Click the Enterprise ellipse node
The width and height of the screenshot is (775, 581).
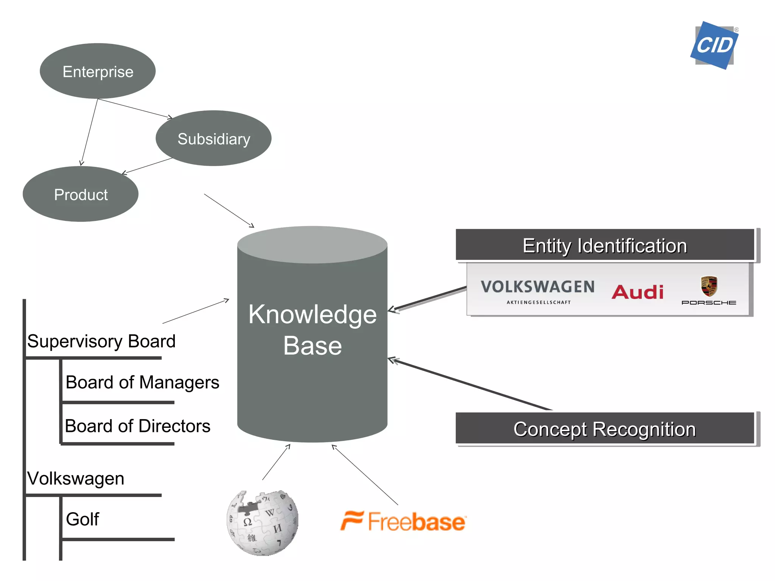[98, 71]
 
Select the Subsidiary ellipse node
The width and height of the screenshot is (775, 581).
[213, 138]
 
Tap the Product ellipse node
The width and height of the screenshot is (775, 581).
[81, 194]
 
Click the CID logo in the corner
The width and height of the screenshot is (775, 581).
[714, 45]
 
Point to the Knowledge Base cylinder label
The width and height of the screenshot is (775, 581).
[312, 330]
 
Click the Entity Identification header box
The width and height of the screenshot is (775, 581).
[605, 245]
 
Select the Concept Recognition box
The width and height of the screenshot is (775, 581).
[605, 429]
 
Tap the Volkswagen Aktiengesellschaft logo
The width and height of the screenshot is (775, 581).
[538, 290]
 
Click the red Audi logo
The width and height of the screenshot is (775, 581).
[638, 292]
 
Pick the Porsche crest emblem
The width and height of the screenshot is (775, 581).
[709, 286]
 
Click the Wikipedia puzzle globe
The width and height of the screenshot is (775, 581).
[263, 523]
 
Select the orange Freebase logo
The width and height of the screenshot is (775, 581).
[403, 521]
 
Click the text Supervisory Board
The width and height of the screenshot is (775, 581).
[101, 341]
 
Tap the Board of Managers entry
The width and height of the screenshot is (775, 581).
[142, 382]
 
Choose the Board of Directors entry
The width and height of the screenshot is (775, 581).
[137, 426]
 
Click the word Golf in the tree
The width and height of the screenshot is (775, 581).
[82, 519]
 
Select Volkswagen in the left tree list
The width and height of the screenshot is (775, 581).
[76, 478]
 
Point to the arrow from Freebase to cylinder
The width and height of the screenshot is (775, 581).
[365, 475]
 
